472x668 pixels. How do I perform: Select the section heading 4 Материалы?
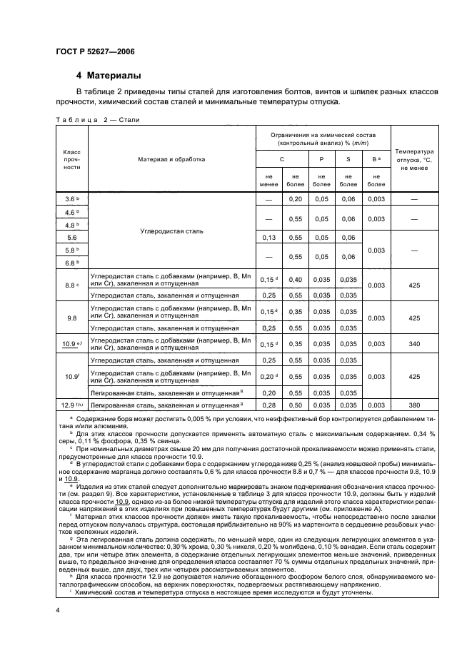tap(109, 76)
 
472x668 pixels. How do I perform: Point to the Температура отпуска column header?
tap(415, 159)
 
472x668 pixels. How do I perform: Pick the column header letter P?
tap(321, 159)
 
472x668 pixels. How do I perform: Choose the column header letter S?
tap(348, 159)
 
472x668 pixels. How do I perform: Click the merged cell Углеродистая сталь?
tap(171, 231)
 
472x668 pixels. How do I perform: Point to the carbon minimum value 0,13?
tap(269, 237)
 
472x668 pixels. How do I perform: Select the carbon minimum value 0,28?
tap(269, 405)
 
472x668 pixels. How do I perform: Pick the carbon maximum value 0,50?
tap(295, 405)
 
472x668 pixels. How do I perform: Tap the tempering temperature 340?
tap(415, 344)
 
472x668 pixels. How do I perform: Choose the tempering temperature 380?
tap(415, 405)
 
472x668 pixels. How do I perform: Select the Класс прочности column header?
tap(71, 159)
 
